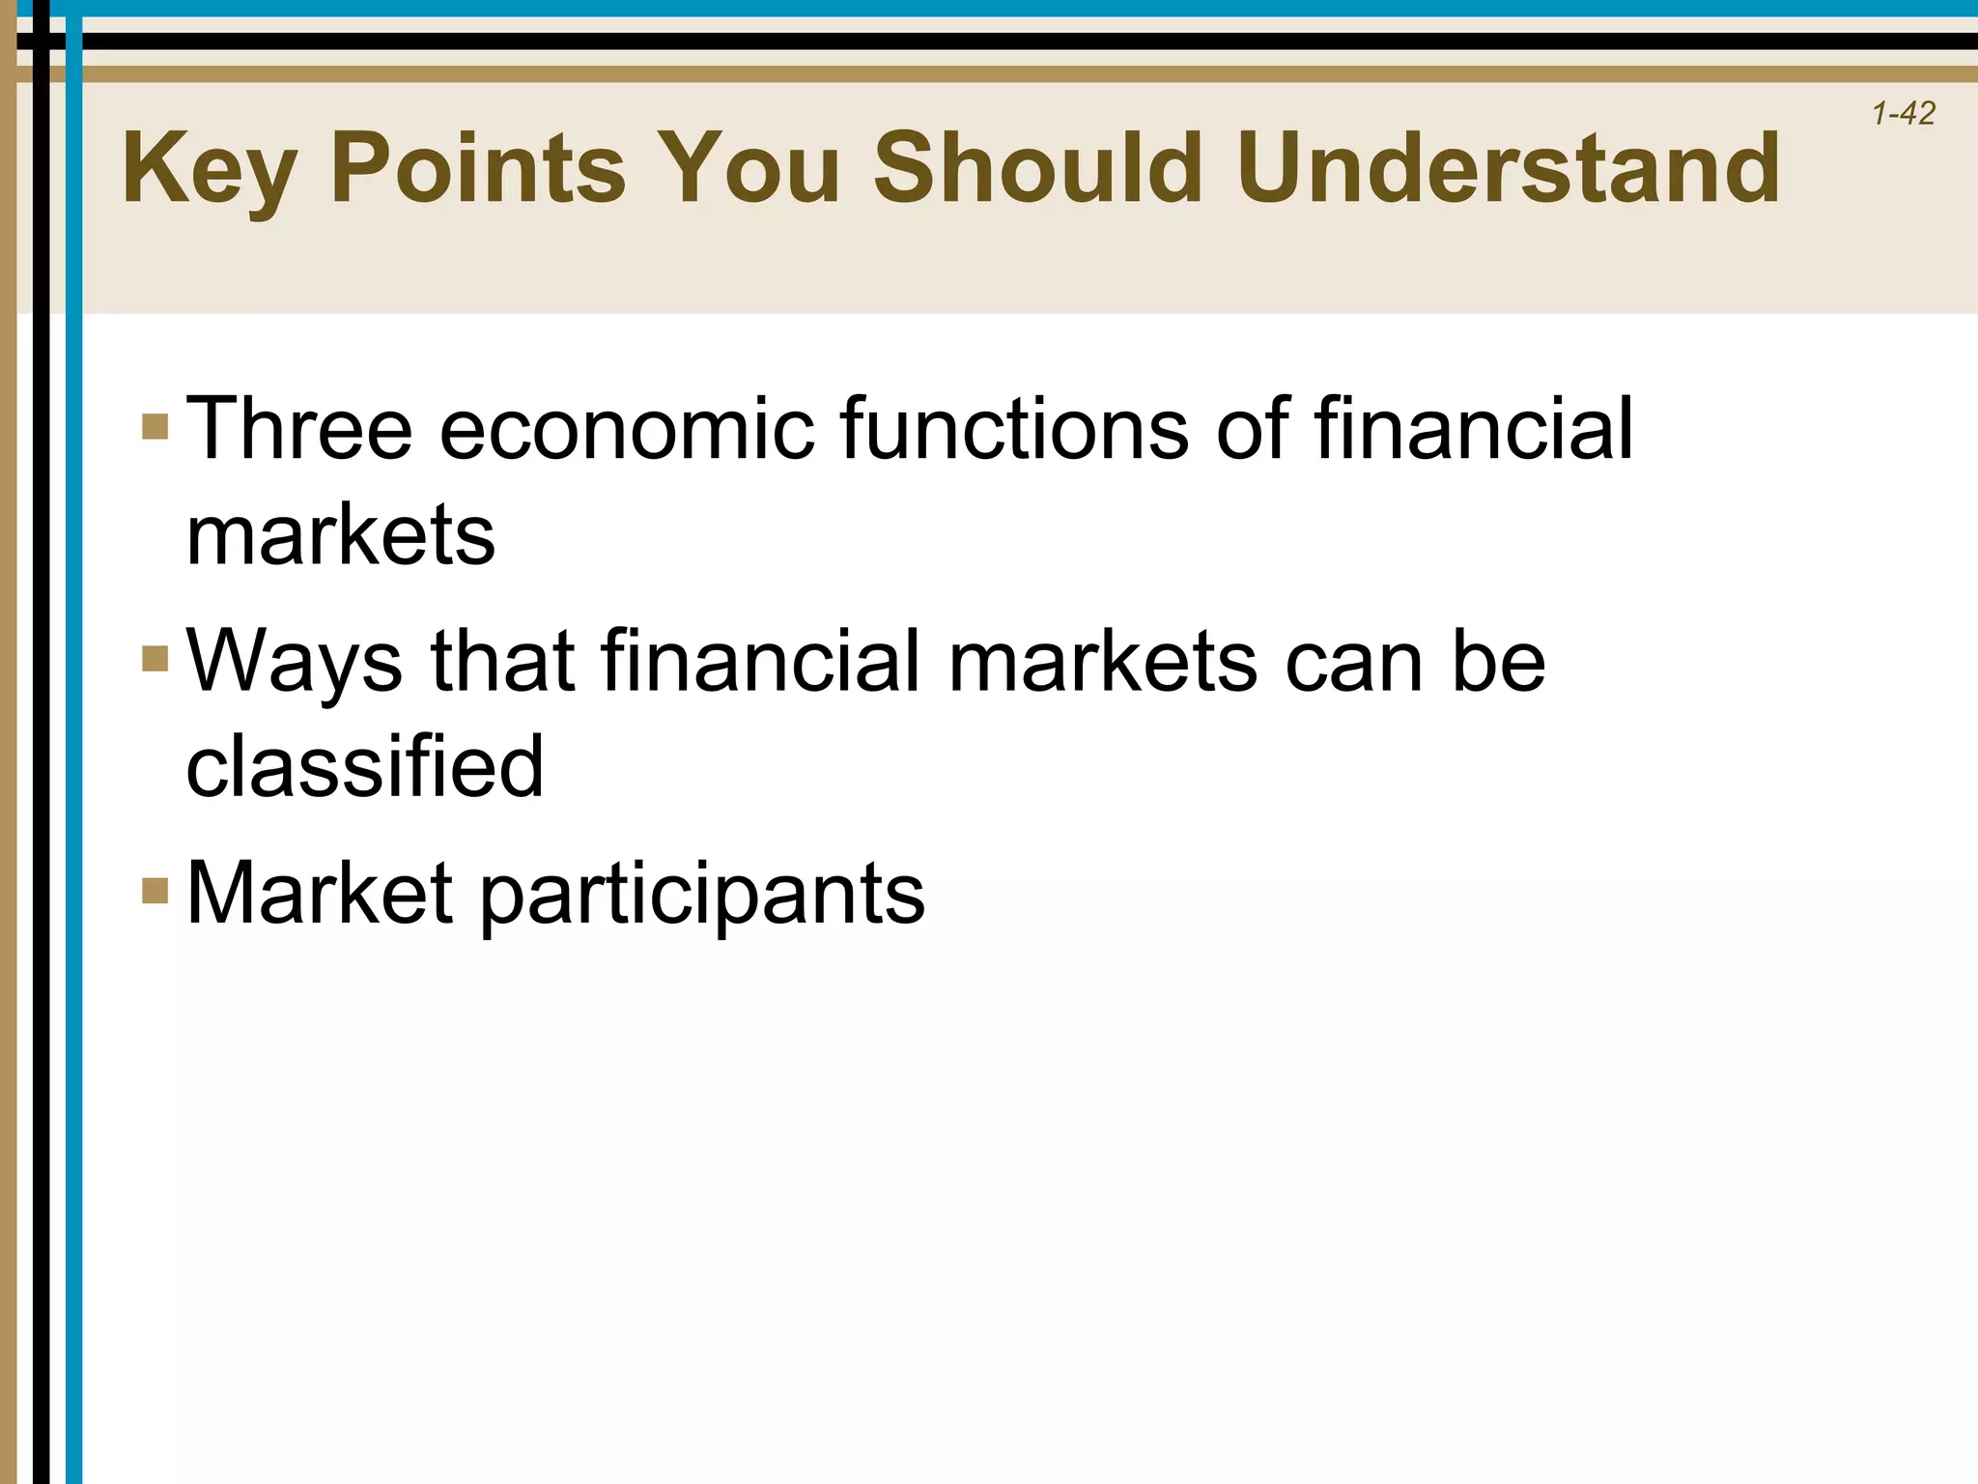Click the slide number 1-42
coord(1903,114)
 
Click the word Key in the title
coord(208,170)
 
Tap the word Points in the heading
coord(478,170)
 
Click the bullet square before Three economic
coord(155,426)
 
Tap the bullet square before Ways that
coord(155,658)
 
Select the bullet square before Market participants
coord(155,890)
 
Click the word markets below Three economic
coord(340,535)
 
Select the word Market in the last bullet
coord(319,893)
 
